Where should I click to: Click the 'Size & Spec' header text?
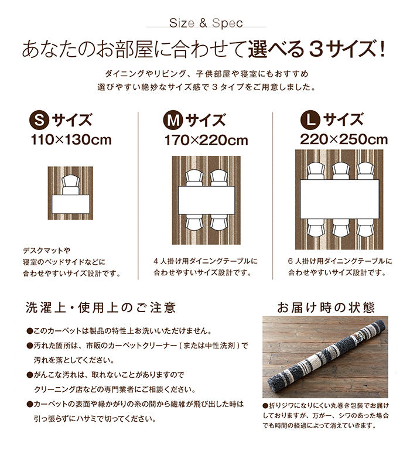pos(206,24)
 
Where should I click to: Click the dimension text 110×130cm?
pos(71,140)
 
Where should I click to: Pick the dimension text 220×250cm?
pos(344,140)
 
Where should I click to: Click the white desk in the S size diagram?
pos(71,204)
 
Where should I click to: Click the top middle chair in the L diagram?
pos(340,171)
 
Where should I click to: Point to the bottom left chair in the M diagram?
pos(193,223)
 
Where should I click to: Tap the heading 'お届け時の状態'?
pos(326,307)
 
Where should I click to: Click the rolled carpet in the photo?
pos(323,357)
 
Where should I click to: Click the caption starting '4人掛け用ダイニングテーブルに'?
pos(206,261)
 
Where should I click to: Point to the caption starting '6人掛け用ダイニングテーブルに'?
pos(340,261)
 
